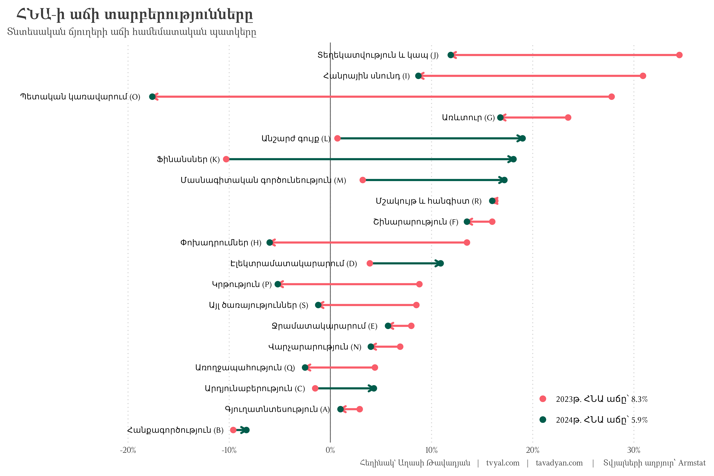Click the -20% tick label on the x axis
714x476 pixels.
[128, 450]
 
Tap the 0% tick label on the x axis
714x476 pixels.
[330, 450]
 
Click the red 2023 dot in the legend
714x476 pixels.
[543, 399]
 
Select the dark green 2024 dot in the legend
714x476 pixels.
[543, 419]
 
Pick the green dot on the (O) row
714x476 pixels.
[152, 97]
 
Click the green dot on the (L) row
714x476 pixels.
[522, 138]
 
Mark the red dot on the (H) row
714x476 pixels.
[467, 243]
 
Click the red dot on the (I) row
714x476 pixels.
[643, 76]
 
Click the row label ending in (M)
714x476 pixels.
[263, 180]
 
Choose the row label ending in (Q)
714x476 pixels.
[245, 368]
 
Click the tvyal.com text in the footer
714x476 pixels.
[503, 463]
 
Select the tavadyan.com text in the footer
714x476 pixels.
[559, 463]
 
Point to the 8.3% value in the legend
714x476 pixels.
[639, 399]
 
